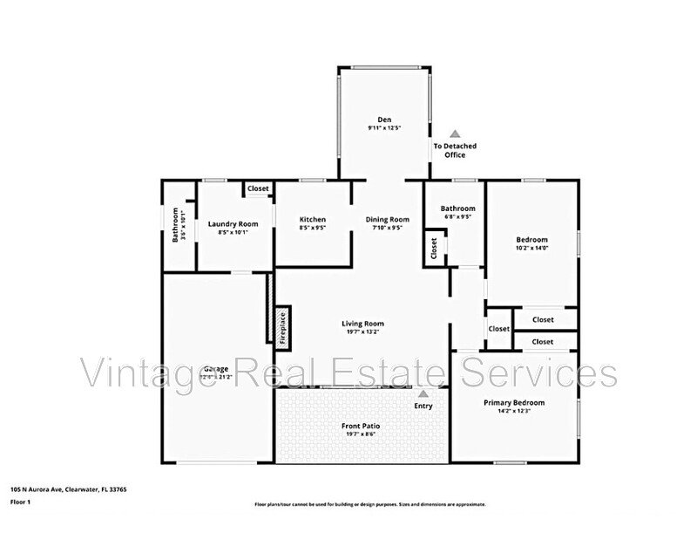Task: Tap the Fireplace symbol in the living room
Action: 282,326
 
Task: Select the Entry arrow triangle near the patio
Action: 423,394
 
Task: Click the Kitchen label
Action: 313,219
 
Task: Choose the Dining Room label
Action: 387,219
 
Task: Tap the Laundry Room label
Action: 233,223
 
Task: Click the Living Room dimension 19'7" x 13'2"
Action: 362,331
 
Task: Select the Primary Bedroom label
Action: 514,402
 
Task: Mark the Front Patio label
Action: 362,426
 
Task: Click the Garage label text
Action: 210,369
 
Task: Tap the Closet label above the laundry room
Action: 258,188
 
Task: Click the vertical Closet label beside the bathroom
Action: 433,248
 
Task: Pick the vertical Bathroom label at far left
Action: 175,224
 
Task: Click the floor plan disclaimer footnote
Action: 370,504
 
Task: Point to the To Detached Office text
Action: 455,151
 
